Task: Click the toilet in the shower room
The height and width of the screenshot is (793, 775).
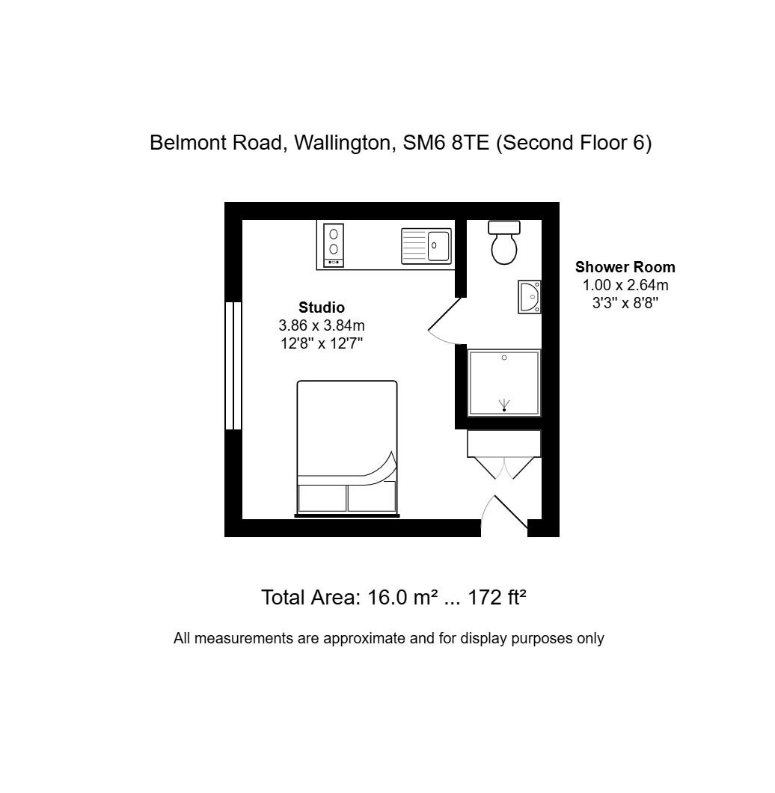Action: [505, 243]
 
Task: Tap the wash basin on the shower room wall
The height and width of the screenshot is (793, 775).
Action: [530, 297]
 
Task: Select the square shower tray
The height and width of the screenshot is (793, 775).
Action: [504, 382]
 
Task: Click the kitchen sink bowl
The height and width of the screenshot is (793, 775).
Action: [438, 245]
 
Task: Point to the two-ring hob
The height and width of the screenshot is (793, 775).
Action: [334, 245]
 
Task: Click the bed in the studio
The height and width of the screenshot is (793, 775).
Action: [347, 448]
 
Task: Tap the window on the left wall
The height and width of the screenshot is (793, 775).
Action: [233, 365]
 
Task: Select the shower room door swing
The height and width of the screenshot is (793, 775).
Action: [446, 323]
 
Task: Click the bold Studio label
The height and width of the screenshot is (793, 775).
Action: [322, 307]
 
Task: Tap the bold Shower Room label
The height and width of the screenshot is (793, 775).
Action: [625, 267]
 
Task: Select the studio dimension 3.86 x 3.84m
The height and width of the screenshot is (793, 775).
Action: [322, 325]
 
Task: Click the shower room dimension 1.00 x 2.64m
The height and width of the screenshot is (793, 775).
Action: [625, 285]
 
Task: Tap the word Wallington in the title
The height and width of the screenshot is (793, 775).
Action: [345, 143]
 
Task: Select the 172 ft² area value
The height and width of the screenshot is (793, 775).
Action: [497, 598]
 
